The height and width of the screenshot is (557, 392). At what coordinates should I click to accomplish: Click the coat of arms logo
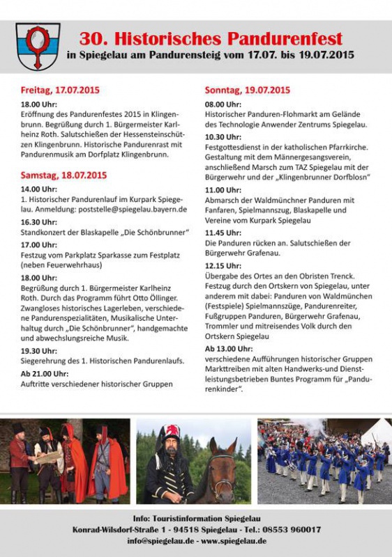tap(38, 47)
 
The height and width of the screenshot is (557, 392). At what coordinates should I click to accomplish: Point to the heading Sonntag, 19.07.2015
tap(247, 91)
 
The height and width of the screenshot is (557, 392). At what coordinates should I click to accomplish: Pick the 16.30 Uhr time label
tap(39, 221)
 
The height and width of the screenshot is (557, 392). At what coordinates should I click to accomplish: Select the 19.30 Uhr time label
tap(39, 351)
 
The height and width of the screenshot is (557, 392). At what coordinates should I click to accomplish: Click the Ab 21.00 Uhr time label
tap(43, 374)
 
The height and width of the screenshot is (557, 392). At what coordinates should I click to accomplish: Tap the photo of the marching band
tap(324, 461)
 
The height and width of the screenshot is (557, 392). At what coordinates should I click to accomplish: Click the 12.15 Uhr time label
tap(223, 265)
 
